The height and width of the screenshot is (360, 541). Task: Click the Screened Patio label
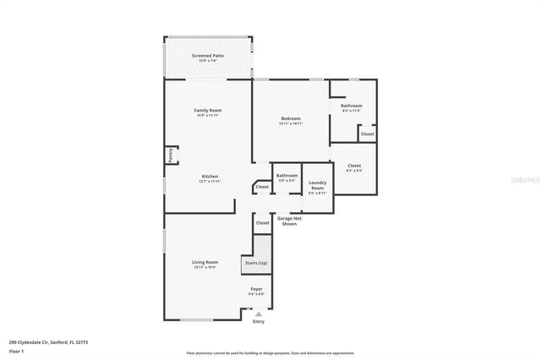(207, 55)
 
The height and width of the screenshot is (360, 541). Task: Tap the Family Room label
(207, 111)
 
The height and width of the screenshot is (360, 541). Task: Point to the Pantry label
(170, 155)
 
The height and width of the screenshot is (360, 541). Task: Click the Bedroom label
(291, 118)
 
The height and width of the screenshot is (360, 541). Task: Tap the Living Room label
(205, 262)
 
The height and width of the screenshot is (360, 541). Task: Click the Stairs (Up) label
(255, 263)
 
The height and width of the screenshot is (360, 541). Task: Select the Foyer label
(256, 289)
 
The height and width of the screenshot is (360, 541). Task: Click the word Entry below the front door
(259, 321)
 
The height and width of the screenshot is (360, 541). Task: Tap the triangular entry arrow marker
(259, 313)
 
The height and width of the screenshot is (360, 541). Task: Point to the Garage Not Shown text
(289, 221)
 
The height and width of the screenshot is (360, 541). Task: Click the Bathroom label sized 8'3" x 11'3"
(352, 106)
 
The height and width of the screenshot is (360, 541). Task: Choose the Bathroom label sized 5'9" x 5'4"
(287, 175)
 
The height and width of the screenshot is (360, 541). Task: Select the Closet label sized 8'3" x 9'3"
(354, 166)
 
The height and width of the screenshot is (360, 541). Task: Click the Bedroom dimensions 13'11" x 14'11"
(291, 123)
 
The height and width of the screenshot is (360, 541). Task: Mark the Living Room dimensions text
(205, 267)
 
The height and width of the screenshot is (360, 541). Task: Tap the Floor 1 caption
(17, 351)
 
